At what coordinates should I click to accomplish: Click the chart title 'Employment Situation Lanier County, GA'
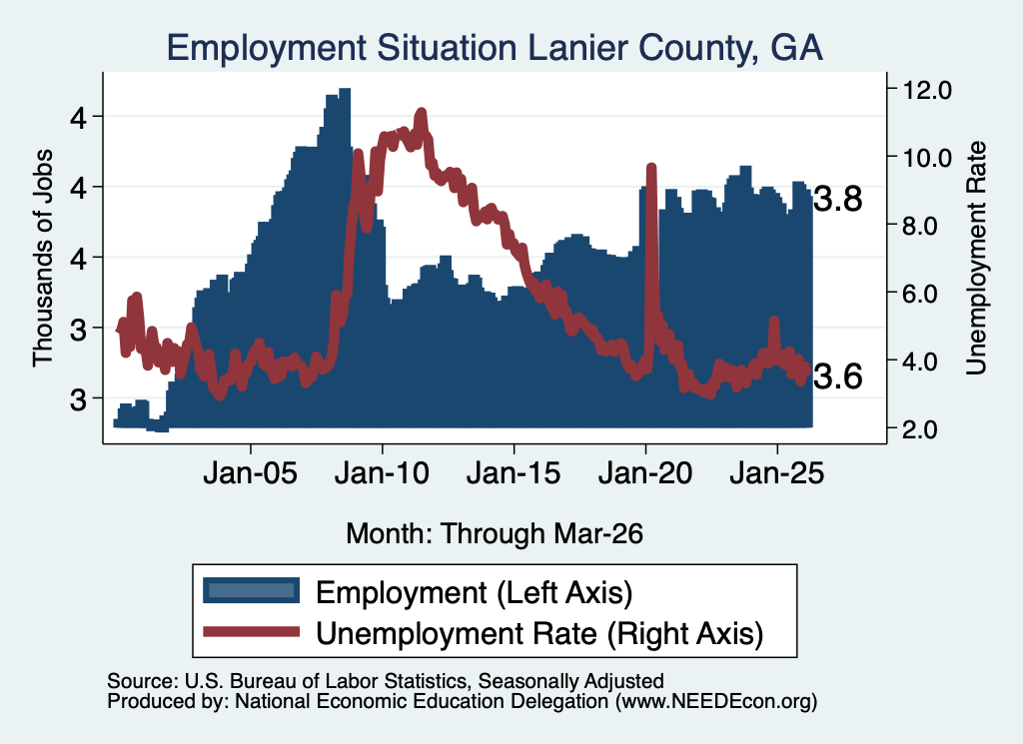495,49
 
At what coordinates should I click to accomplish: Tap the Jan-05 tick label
251,472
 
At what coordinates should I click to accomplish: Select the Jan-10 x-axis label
383,472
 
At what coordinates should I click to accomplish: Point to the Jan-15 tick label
513,472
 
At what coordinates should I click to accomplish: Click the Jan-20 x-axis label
645,472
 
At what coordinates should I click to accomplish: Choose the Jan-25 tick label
777,472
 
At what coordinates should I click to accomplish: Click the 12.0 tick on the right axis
926,90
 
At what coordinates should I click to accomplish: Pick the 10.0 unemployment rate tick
926,158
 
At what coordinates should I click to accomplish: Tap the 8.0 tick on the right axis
920,226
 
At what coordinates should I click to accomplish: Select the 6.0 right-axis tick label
920,294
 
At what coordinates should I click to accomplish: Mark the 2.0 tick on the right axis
920,429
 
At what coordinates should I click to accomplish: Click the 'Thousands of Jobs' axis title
43,258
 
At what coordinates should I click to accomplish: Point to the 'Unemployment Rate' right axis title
976,258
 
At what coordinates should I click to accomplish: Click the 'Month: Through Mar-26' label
495,533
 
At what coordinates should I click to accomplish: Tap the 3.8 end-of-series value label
838,199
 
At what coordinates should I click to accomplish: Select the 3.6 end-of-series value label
838,376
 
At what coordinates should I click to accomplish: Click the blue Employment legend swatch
251,591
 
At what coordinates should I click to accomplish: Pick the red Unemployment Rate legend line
251,632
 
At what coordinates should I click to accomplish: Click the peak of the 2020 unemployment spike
650,168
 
